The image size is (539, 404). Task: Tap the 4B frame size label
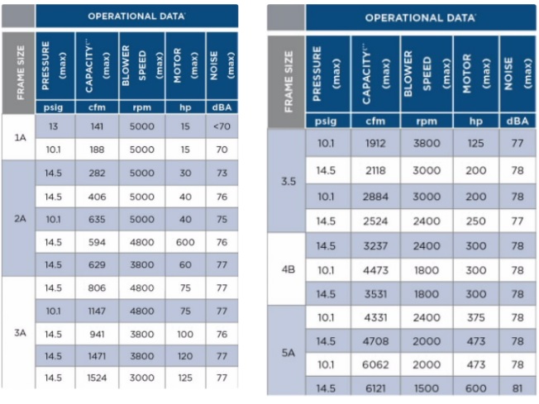(289, 269)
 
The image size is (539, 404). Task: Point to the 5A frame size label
(289, 352)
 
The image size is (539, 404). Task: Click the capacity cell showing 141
(96, 126)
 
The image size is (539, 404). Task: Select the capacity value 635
(96, 220)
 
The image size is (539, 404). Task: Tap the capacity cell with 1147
(96, 311)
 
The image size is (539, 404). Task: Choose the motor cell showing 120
(182, 356)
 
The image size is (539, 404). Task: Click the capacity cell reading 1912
(376, 142)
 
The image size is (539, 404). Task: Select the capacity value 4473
(376, 269)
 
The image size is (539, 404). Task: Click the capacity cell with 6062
(376, 364)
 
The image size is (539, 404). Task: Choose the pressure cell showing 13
(53, 126)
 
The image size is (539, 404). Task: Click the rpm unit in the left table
(141, 107)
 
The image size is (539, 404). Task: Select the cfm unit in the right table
(376, 121)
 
